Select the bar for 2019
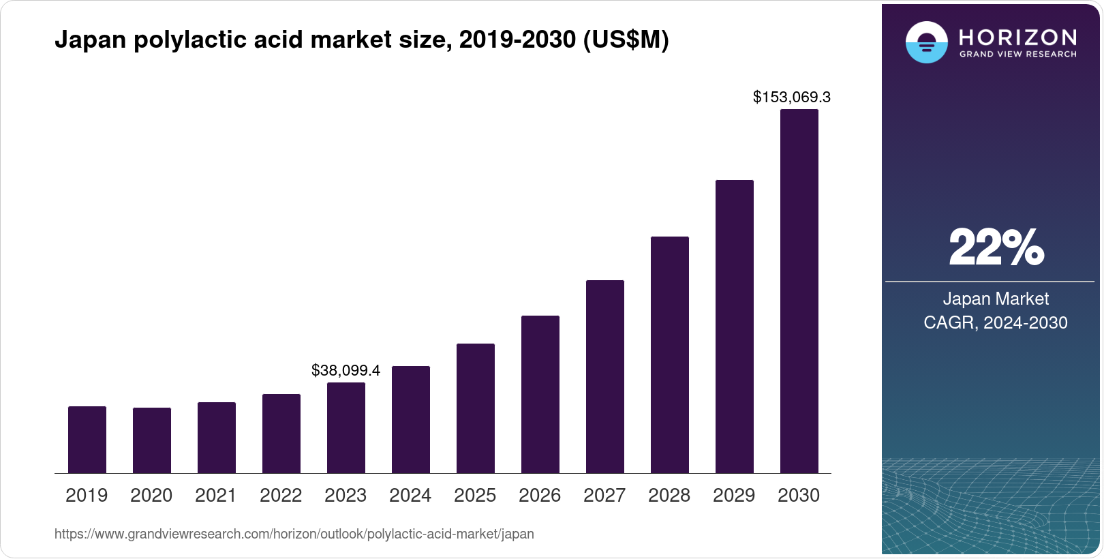[x=87, y=440]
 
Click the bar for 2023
[x=346, y=428]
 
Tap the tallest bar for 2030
[x=799, y=292]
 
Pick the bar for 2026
[x=540, y=394]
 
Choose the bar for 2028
[x=670, y=354]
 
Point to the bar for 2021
[x=217, y=438]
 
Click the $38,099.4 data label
[x=346, y=370]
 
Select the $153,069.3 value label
[x=791, y=97]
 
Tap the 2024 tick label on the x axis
[x=410, y=495]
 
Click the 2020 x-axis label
[x=151, y=495]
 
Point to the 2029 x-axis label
[x=734, y=495]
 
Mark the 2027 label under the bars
[x=604, y=495]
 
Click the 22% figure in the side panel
[x=996, y=247]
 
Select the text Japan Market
[x=996, y=299]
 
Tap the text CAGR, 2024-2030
[x=996, y=322]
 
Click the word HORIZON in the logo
[x=1017, y=37]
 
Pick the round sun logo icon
[x=926, y=42]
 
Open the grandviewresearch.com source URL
[x=294, y=534]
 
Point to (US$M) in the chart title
[x=626, y=40]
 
